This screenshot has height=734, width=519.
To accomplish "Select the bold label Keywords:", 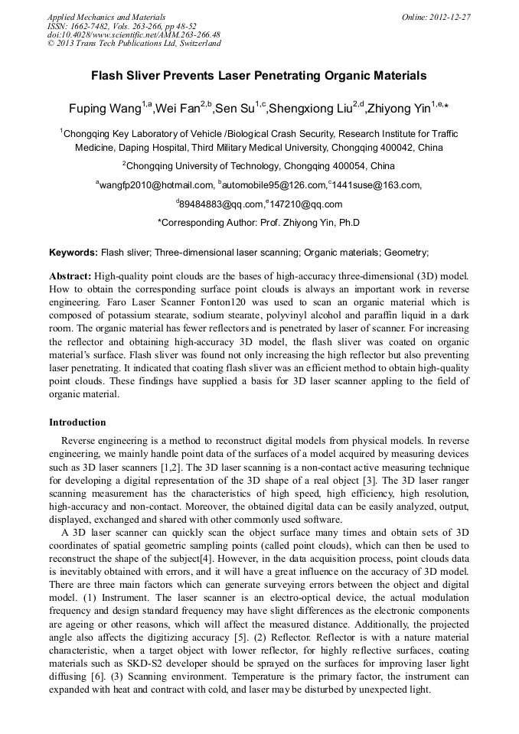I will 73,252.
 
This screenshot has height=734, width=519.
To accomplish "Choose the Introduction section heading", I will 77,422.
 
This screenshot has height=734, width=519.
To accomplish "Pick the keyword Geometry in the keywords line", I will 405,252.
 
